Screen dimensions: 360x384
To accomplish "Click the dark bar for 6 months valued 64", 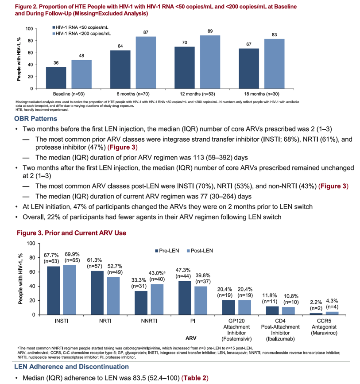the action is (120, 69).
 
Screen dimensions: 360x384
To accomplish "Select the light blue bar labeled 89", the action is (210, 62).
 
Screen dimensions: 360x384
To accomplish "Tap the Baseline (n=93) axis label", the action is (69, 94).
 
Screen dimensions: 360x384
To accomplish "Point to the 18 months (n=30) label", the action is (262, 94).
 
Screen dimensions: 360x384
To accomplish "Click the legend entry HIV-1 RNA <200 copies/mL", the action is (81, 34).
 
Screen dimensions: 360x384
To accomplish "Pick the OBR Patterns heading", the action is (36, 119).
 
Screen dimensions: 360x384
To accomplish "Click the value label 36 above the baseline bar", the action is (56, 63).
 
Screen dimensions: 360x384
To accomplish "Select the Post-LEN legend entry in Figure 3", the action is (200, 251).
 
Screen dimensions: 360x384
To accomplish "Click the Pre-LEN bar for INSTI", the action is (54, 291).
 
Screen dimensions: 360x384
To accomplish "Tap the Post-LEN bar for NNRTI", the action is (157, 299).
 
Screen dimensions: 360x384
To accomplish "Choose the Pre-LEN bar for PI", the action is (185, 298).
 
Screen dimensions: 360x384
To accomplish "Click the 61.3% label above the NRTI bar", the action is (94, 260).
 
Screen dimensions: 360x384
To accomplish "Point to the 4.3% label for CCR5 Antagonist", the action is (332, 301).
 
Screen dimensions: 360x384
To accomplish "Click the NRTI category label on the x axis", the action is (105, 321).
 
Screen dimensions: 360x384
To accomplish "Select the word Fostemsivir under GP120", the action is (236, 339).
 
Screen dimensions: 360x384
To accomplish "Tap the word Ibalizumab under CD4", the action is (280, 339).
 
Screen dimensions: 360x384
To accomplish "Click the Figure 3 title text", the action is (71, 233).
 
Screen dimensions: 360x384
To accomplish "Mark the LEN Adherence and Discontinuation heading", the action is (71, 367).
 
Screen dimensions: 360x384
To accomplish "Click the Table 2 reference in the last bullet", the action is (195, 378).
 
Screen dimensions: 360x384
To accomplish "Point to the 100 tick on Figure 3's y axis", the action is (31, 243).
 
